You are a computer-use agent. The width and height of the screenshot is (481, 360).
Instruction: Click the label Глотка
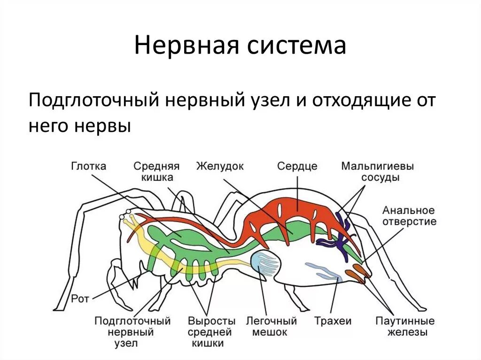point(89,166)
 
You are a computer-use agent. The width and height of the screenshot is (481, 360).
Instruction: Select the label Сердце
point(297,166)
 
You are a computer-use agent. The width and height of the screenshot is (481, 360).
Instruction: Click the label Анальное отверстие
point(409,215)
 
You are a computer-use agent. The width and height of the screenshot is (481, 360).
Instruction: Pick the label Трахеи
point(333,321)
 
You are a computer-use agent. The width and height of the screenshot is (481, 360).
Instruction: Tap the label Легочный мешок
point(272,327)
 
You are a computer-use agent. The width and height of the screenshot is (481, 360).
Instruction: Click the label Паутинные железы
point(405,327)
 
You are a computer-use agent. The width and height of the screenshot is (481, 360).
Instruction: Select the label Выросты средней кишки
point(211,332)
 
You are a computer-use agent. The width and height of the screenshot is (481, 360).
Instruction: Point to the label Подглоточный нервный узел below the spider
point(132,332)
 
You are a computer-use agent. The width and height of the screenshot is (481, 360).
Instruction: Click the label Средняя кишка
point(156,172)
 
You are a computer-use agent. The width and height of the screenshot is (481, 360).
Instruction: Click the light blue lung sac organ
point(266,264)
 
